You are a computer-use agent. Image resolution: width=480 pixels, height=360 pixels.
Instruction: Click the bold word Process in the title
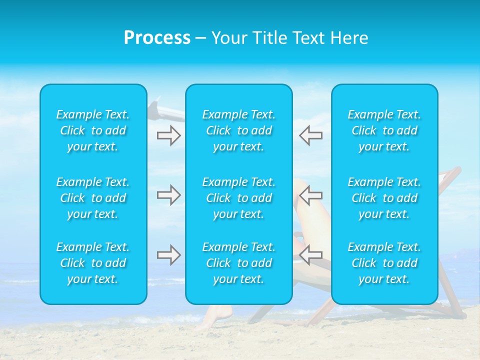click(157, 38)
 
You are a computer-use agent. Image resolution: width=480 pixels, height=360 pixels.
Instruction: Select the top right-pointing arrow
click(168, 135)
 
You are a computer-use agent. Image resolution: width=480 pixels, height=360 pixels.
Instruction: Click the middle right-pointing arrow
click(168, 195)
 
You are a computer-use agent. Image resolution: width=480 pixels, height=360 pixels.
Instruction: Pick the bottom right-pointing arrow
click(168, 255)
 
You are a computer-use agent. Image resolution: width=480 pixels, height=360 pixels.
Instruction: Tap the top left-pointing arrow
click(310, 135)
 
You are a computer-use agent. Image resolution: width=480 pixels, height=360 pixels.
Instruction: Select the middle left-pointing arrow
click(310, 195)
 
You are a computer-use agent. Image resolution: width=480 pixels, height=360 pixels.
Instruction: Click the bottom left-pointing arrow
click(310, 255)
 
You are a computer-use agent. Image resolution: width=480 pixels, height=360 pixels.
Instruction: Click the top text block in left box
click(93, 130)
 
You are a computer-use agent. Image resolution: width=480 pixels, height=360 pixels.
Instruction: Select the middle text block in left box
click(93, 198)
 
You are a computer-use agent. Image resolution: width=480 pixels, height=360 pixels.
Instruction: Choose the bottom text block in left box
click(93, 263)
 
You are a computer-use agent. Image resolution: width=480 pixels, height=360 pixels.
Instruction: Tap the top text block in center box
click(239, 130)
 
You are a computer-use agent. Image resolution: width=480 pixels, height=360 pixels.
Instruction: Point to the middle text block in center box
click(239, 198)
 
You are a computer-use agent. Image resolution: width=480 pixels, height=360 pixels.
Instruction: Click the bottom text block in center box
click(239, 263)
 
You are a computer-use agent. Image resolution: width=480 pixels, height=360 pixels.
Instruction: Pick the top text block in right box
click(384, 130)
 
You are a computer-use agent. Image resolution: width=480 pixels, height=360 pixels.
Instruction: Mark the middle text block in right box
click(384, 198)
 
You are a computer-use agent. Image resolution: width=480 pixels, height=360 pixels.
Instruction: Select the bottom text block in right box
click(384, 263)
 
